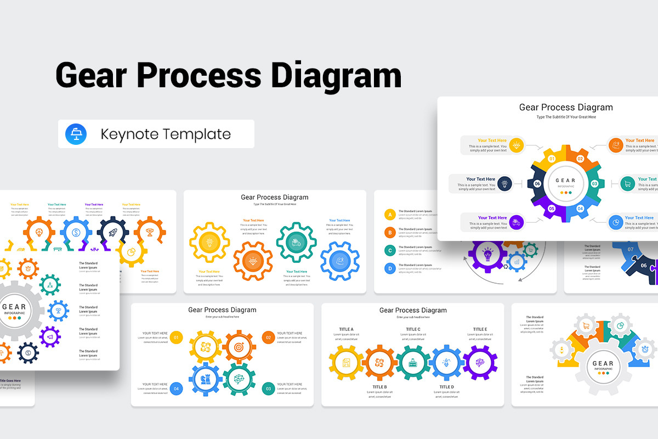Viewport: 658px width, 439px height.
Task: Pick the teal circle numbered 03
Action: (x=268, y=389)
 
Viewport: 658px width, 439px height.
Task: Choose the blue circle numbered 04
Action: (x=176, y=389)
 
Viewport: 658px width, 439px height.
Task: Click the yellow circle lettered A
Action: (x=390, y=215)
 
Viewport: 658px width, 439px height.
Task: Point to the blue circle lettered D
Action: (x=390, y=268)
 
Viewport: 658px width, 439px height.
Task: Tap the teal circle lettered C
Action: (x=390, y=250)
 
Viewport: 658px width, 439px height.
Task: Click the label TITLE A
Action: (x=346, y=329)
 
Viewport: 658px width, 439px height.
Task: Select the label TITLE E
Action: (x=480, y=329)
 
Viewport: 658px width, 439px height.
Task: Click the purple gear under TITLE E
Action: (x=480, y=363)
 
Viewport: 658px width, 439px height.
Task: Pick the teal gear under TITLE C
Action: (x=413, y=363)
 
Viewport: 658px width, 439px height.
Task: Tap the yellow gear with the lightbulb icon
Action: (x=209, y=241)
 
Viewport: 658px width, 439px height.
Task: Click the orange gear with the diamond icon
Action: (x=253, y=261)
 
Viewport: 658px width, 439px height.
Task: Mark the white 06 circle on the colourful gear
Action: (x=538, y=184)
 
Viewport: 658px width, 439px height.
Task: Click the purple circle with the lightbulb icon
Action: (x=487, y=254)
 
